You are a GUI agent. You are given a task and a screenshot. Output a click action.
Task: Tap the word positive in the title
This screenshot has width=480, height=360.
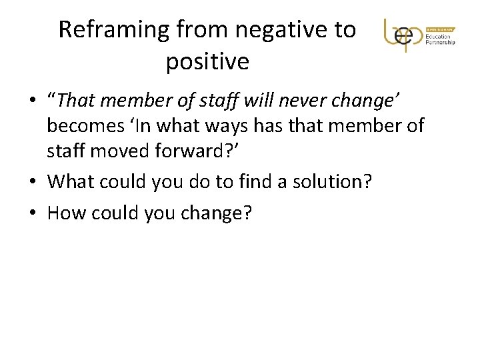[x=207, y=62]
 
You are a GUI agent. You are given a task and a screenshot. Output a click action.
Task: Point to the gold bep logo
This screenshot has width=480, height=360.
[x=403, y=34]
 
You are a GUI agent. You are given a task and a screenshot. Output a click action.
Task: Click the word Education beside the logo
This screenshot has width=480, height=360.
[x=437, y=36]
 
